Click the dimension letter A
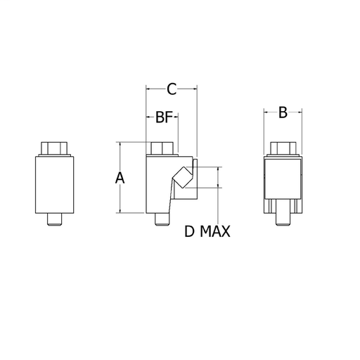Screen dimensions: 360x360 [x=120, y=177]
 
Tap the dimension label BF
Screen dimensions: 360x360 [x=164, y=117]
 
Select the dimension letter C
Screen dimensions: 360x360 [x=172, y=89]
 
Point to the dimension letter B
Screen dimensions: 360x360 [x=283, y=112]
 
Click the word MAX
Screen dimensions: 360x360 [x=215, y=231]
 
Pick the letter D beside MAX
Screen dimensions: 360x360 [x=189, y=231]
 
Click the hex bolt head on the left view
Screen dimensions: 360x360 [x=54, y=148]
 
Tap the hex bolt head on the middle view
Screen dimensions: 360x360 [x=162, y=148]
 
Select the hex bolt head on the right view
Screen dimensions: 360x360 [x=283, y=148]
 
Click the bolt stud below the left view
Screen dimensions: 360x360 [x=55, y=219]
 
